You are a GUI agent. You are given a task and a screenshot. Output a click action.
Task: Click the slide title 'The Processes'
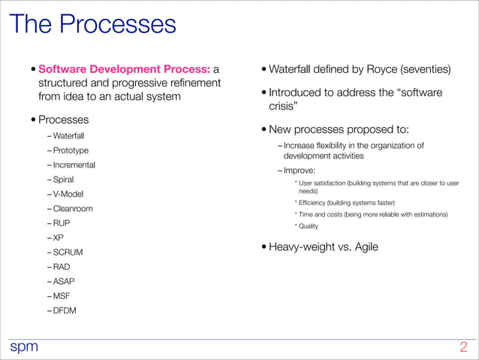tap(92, 24)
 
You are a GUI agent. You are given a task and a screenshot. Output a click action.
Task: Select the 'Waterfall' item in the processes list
tap(68, 136)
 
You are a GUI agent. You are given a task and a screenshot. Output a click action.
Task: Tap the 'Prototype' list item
tap(71, 150)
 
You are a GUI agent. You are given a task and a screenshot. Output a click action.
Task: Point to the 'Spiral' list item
tap(64, 180)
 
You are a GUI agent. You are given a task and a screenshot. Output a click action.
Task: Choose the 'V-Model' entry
tap(68, 194)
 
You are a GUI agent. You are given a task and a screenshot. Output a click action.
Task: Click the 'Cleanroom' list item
tap(73, 208)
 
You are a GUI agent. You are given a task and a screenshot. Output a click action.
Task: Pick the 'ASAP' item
tap(64, 281)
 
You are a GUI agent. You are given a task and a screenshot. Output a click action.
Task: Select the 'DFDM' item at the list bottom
tap(65, 310)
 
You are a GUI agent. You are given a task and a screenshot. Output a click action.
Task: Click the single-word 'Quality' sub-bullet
tap(309, 226)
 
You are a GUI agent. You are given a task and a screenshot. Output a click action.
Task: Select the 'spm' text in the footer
tap(23, 346)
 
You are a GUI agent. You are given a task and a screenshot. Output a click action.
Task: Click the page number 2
tap(463, 347)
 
